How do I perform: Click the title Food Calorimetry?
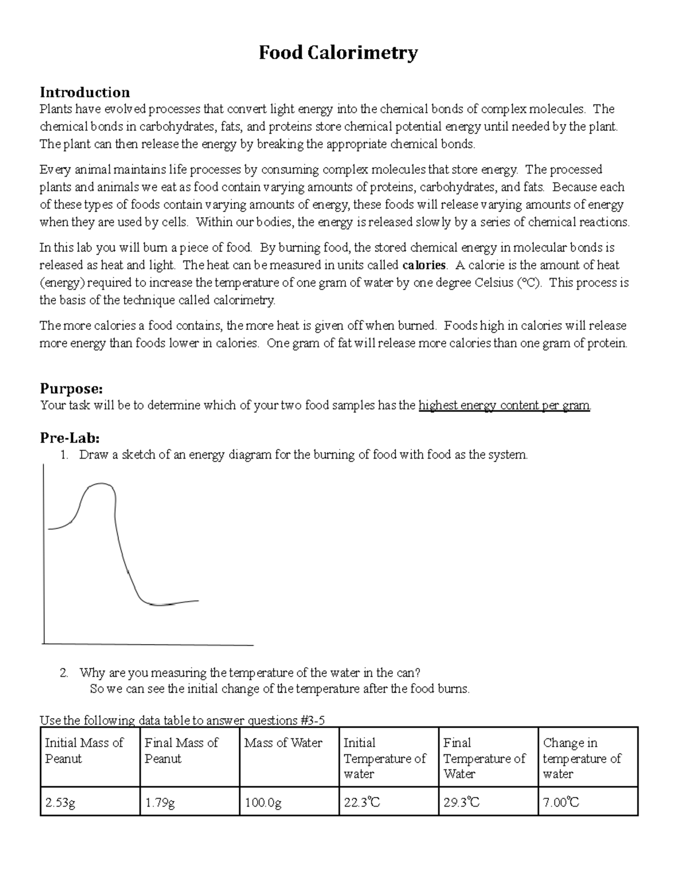coord(338,53)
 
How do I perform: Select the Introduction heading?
coord(85,92)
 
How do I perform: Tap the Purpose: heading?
coord(71,388)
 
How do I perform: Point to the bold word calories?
coord(424,265)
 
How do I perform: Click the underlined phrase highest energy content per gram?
coord(504,406)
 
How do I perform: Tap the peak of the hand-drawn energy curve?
coord(102,484)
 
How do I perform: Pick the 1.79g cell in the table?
coord(160,802)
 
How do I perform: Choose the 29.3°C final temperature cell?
coord(461,802)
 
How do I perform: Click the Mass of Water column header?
coord(283,743)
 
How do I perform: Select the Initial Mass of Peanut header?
coord(83,751)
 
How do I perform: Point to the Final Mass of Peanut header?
coord(181,751)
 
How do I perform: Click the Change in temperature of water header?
coord(582,758)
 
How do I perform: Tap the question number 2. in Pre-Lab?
coord(64,672)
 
